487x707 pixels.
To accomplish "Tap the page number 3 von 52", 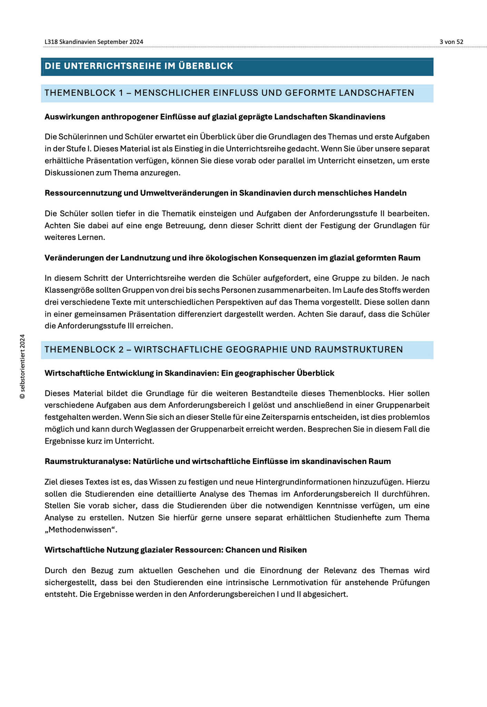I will click(451, 42).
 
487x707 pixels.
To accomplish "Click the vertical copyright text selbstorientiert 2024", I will click(22, 366).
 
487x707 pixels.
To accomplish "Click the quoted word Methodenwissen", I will click(80, 530).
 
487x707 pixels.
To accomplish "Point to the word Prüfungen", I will click(411, 582).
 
